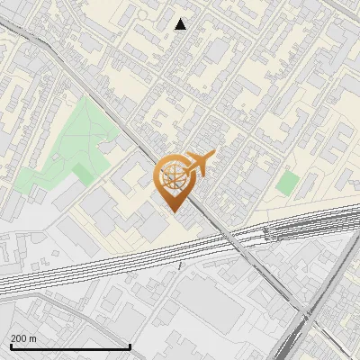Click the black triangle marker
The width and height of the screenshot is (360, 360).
click(x=181, y=24)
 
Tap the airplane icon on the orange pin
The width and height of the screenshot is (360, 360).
click(x=200, y=163)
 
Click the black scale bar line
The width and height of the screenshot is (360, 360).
click(x=70, y=346)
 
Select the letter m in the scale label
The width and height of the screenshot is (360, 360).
click(x=33, y=338)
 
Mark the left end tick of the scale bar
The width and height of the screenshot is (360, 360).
click(x=11, y=345)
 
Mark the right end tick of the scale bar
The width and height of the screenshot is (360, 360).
click(x=130, y=345)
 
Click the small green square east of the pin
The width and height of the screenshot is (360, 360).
click(x=287, y=184)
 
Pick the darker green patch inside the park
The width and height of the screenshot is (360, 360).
click(x=85, y=172)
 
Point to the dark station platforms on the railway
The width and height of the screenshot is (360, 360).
click(x=288, y=229)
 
